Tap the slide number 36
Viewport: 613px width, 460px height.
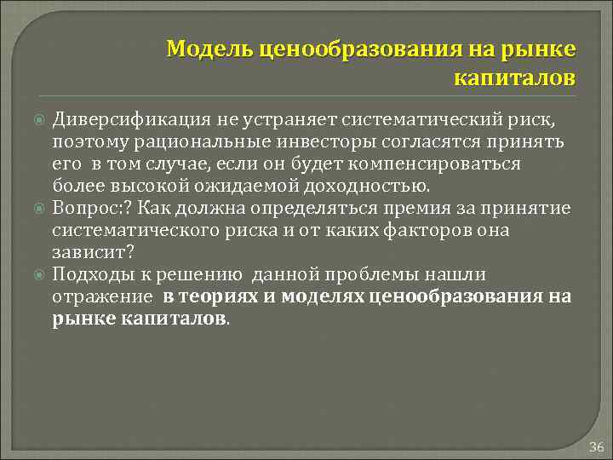pyautogui.click(x=595, y=447)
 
